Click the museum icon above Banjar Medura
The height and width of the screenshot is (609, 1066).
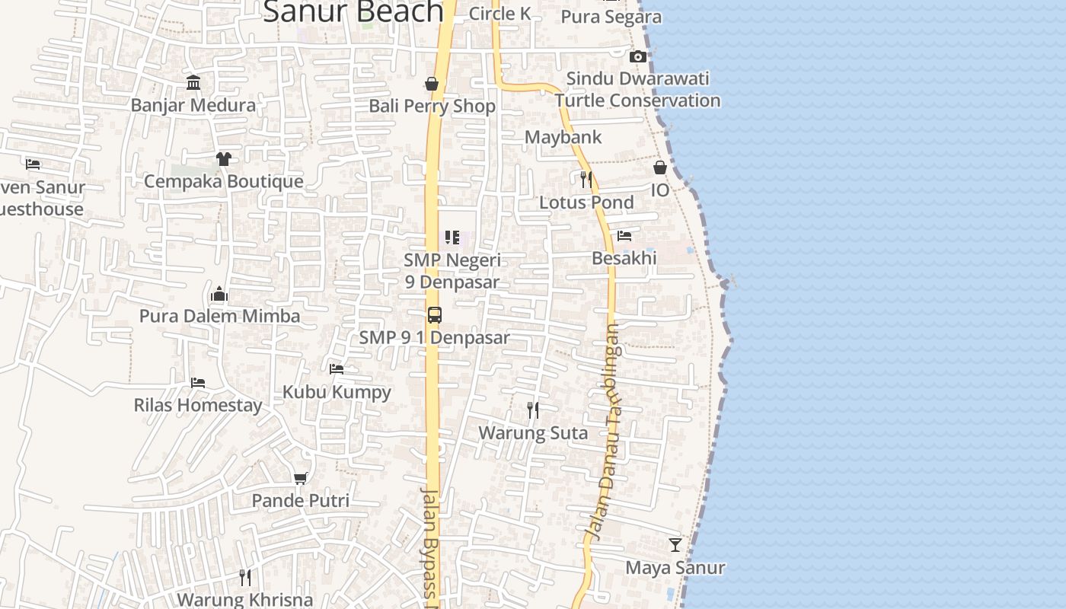click(193, 82)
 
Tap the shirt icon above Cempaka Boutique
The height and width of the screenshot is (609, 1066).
click(223, 159)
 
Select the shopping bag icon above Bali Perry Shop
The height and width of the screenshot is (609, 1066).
click(432, 84)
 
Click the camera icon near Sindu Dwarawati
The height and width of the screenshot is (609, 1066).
click(638, 56)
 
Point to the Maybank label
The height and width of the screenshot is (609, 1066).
click(563, 138)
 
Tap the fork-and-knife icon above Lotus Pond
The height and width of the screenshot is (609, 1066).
click(586, 180)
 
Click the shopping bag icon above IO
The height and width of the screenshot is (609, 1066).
click(660, 167)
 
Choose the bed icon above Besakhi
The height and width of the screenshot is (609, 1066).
click(624, 236)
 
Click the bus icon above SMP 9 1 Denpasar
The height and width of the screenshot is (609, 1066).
click(434, 315)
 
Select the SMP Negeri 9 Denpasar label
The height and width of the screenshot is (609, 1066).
click(452, 271)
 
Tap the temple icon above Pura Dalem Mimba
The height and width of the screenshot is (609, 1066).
click(219, 294)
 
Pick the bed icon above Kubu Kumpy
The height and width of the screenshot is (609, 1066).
click(337, 369)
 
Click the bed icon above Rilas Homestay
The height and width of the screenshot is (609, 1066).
click(198, 382)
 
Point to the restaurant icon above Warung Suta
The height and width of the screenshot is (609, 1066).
click(533, 410)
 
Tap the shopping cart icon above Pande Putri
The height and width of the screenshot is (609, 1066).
click(300, 478)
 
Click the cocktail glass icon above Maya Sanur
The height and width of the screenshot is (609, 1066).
click(675, 545)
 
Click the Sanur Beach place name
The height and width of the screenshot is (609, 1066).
click(353, 12)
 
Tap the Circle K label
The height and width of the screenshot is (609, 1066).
click(499, 14)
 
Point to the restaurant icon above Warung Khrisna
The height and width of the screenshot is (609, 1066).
click(244, 578)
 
